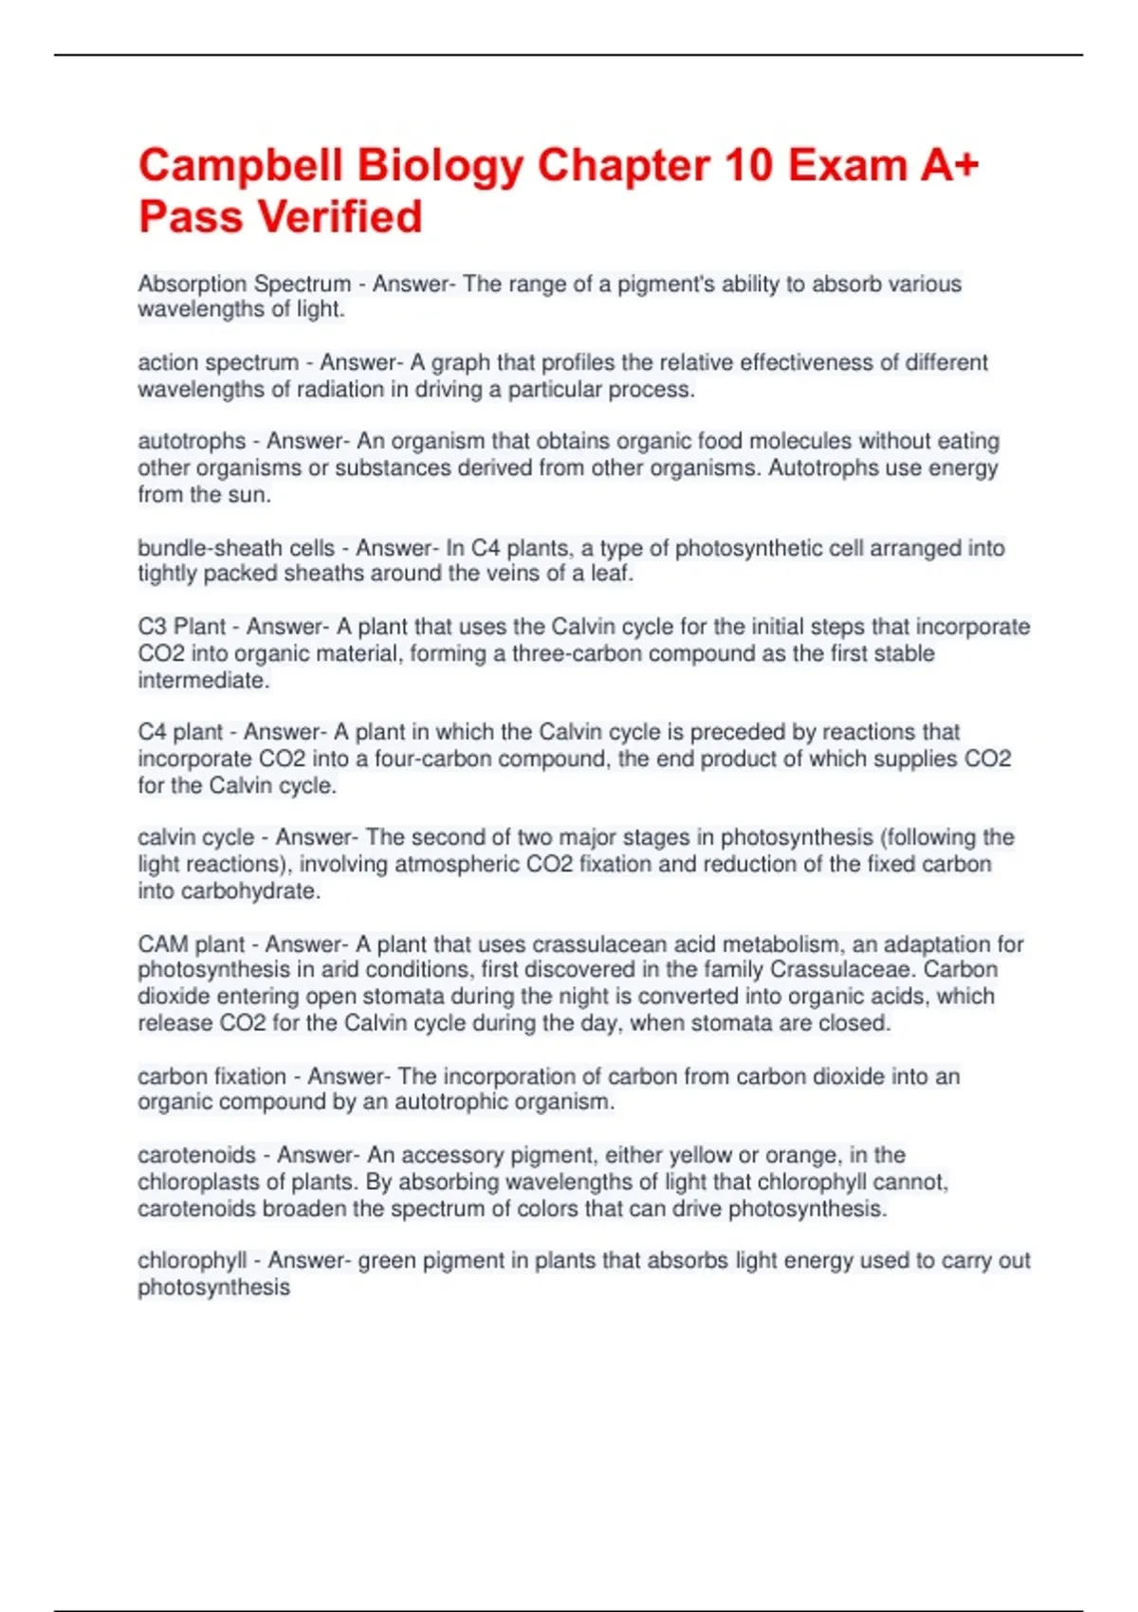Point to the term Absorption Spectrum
click(244, 284)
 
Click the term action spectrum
click(218, 362)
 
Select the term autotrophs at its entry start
click(192, 441)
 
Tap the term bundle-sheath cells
click(236, 548)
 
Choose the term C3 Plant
click(182, 627)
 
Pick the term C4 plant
click(180, 732)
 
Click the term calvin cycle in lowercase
click(196, 837)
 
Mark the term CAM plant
click(192, 944)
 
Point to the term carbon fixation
click(211, 1076)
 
